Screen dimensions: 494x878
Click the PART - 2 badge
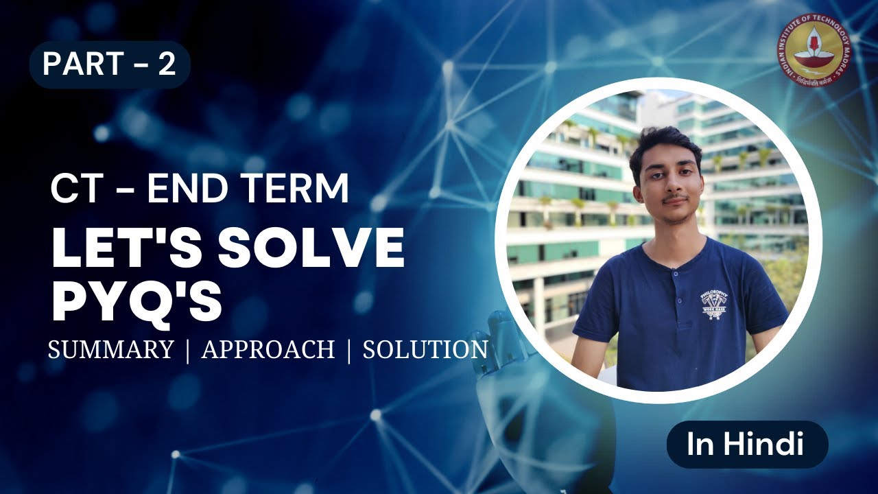[109, 64]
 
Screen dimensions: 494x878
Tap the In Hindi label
[747, 445]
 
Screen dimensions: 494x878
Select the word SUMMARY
[110, 349]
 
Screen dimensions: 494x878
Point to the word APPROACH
[268, 349]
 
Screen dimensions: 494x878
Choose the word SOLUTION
[425, 349]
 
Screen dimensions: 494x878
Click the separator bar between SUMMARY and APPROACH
[187, 350]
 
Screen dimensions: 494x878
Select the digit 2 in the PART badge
[167, 64]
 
